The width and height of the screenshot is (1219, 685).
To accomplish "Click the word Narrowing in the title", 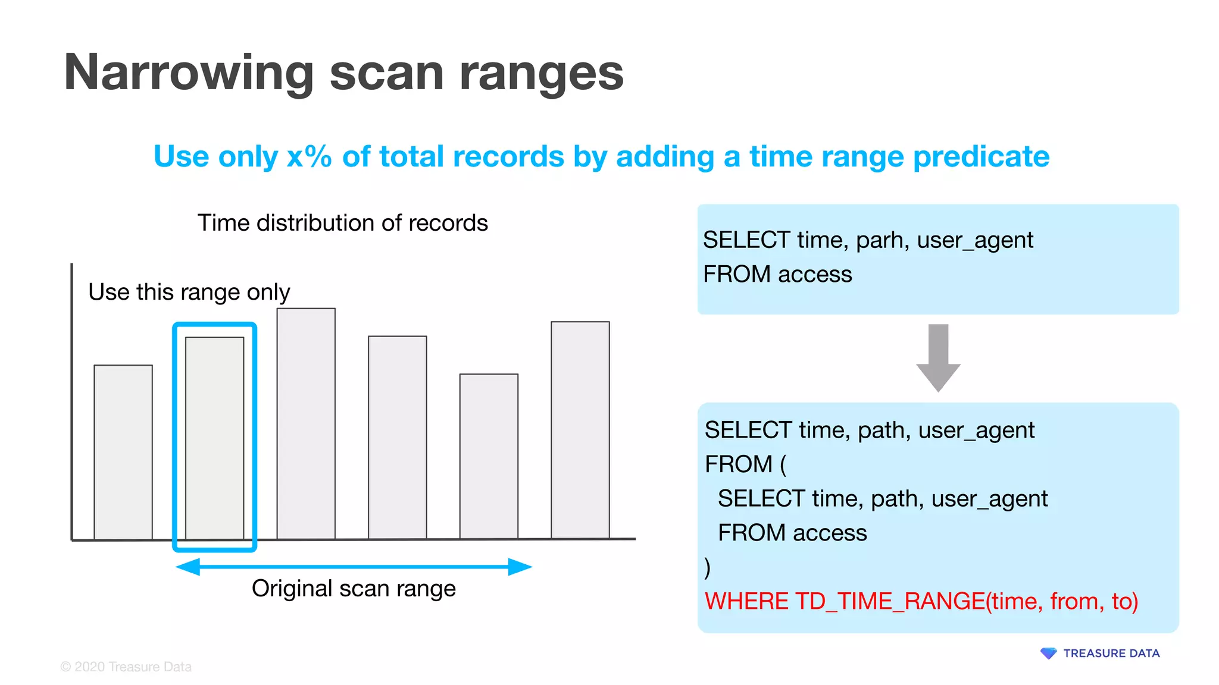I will (188, 73).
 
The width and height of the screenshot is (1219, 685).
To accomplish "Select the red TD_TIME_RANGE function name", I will (890, 601).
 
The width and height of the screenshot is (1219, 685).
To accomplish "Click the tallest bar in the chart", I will (306, 423).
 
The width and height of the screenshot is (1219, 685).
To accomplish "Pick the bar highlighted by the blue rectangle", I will (214, 438).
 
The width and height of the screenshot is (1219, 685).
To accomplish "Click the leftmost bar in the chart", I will (123, 452).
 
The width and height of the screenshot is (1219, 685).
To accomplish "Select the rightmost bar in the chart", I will (580, 430).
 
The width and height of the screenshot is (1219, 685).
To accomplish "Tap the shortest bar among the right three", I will (489, 456).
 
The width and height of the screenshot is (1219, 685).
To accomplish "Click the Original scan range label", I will (354, 589).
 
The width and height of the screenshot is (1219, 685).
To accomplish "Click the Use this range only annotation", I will (189, 292).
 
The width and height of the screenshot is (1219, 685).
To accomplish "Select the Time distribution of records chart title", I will (342, 223).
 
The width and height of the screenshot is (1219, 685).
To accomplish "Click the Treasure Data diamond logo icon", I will (1048, 653).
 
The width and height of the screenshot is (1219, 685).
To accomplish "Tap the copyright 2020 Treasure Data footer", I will (126, 667).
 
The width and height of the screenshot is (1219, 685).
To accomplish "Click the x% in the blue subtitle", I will (309, 157).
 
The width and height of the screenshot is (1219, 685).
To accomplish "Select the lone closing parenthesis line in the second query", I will (707, 567).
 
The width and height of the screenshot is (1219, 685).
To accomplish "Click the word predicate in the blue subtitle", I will (981, 157).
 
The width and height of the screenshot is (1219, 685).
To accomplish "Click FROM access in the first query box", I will (777, 275).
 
